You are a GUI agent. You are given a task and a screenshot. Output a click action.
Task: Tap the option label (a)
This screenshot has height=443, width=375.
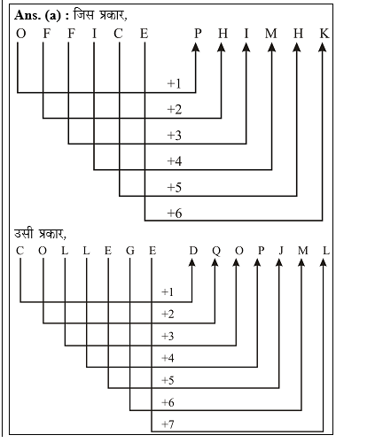coord(52,16)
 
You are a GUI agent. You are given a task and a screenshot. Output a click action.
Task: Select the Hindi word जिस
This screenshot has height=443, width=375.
coord(84,14)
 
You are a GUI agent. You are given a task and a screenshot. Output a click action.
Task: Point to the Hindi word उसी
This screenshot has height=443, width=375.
coord(24,233)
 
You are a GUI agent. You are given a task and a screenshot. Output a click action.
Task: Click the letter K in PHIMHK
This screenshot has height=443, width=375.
coord(324,34)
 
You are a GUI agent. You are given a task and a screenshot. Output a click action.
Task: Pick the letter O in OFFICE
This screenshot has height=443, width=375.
coord(20,34)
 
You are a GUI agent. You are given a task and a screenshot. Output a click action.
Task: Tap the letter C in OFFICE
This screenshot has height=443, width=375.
coord(118,34)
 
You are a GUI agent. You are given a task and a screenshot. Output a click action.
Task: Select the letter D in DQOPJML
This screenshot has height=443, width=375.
coord(193,251)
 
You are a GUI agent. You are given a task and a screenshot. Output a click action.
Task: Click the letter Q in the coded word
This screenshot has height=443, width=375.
coord(216,252)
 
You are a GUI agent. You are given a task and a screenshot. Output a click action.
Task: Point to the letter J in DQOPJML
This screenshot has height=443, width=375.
coord(281,251)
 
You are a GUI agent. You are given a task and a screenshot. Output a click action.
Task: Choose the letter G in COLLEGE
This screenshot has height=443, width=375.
coord(130,251)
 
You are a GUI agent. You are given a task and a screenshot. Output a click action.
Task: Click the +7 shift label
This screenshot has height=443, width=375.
coord(168,424)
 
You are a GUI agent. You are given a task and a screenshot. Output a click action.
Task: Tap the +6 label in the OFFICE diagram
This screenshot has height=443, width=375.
coord(175,213)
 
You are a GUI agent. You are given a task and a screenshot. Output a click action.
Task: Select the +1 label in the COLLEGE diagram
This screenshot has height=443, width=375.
coord(168,292)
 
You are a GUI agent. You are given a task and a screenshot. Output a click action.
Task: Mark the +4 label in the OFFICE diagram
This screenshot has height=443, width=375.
coord(175,161)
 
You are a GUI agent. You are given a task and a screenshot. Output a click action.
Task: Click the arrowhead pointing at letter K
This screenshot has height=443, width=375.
coord(323,47)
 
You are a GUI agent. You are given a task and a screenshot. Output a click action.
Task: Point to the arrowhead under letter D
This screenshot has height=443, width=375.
coord(192,262)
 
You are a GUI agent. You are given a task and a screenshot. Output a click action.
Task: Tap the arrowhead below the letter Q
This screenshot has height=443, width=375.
coord(215,262)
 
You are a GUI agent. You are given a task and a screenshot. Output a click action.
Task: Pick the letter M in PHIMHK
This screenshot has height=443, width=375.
coord(270,34)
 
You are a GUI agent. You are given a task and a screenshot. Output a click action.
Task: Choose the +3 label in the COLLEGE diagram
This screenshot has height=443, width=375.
coord(168,336)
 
